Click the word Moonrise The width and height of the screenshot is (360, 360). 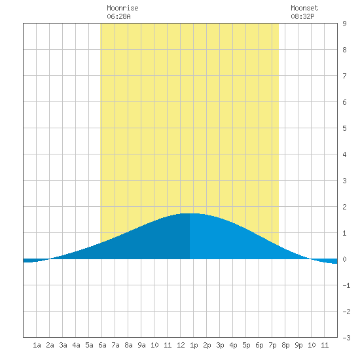(x=122, y=8)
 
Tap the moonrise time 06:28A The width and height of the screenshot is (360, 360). (x=118, y=16)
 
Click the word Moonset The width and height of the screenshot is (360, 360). (x=304, y=8)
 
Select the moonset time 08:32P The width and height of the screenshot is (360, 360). (x=302, y=16)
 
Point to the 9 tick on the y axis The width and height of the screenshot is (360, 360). (x=344, y=24)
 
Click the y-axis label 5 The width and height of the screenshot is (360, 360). (x=344, y=128)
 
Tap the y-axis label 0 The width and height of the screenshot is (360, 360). (x=344, y=259)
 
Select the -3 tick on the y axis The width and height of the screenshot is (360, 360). (x=346, y=338)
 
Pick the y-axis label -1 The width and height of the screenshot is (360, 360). (x=346, y=285)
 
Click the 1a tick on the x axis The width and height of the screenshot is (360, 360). (x=37, y=345)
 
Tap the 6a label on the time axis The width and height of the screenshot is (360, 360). (x=102, y=345)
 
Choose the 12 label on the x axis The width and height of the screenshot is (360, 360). (x=181, y=345)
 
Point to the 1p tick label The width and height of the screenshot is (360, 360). (x=194, y=345)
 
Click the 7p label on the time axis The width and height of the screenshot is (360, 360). (x=272, y=345)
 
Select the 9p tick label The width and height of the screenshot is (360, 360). (x=298, y=345)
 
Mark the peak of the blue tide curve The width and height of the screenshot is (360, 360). (x=190, y=213)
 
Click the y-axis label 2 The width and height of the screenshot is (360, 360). (x=344, y=207)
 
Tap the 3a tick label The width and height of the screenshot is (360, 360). (x=63, y=345)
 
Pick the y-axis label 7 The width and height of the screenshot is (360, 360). (x=344, y=76)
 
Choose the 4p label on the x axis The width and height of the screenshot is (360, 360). (x=233, y=345)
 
